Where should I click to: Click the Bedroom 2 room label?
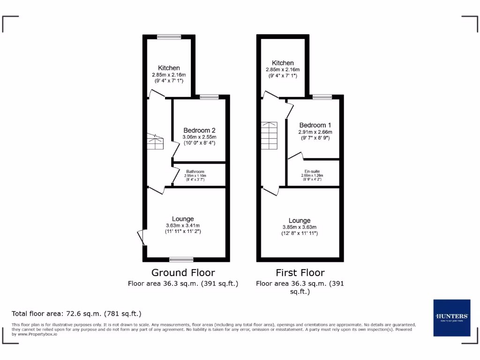coord(199,130)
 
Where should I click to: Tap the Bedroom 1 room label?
coord(315,125)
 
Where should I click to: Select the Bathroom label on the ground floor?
coord(195,172)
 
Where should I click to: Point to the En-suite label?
coord(312,172)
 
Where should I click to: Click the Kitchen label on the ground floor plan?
coord(169,68)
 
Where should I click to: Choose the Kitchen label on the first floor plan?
coord(283,63)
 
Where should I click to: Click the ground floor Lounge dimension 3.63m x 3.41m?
coord(183,225)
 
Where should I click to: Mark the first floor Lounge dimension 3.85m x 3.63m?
coord(300,227)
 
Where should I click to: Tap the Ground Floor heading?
coord(183,272)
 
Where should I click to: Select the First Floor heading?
coord(300,272)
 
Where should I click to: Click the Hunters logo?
coord(451,317)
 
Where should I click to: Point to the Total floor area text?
coord(76,314)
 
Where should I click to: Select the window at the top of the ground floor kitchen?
coord(169,37)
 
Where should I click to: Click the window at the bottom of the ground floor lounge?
coord(181,259)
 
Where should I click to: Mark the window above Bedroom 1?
coord(322,97)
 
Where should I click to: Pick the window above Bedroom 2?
coord(209,97)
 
